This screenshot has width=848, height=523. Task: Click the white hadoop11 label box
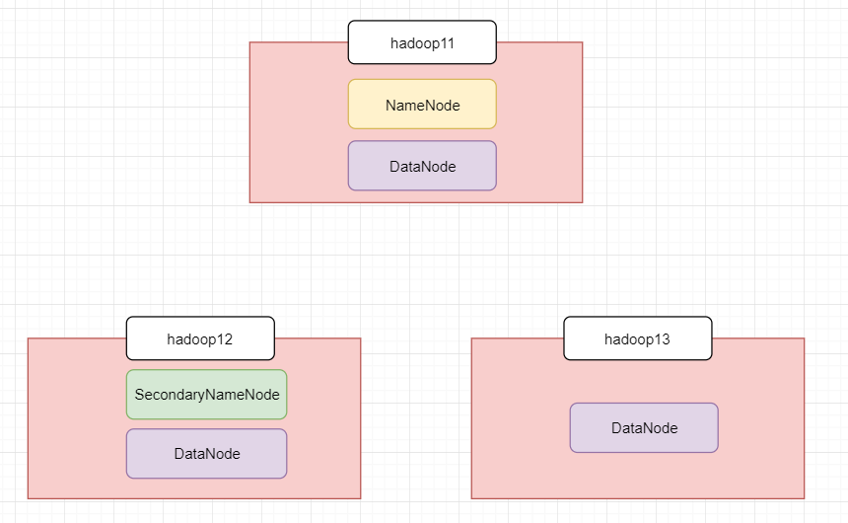[422, 42]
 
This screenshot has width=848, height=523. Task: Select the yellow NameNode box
[422, 105]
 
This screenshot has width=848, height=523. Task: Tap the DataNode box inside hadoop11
[422, 166]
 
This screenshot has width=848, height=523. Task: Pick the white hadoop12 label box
[200, 338]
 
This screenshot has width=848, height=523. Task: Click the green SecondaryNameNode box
[207, 395]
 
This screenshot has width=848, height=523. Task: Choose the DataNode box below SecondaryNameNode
[207, 454]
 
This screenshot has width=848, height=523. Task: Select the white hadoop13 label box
[638, 338]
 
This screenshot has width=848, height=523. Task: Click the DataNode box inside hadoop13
[644, 427]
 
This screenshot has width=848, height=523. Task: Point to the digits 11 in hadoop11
[448, 43]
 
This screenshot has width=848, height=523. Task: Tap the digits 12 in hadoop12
[226, 339]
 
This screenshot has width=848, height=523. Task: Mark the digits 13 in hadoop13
[663, 339]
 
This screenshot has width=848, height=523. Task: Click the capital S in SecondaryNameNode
[139, 395]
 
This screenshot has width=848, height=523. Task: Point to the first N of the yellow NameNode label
[389, 105]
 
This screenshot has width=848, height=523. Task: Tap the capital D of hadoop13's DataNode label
[616, 428]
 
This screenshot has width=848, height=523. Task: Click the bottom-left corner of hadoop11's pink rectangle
[249, 202]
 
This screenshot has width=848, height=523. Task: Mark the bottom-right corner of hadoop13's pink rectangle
[805, 498]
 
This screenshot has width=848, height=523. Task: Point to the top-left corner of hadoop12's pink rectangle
[29, 338]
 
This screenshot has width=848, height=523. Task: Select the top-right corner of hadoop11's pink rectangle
[583, 42]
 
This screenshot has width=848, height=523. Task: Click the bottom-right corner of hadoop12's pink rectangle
[360, 498]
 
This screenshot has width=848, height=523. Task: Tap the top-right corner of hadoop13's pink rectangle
[805, 338]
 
